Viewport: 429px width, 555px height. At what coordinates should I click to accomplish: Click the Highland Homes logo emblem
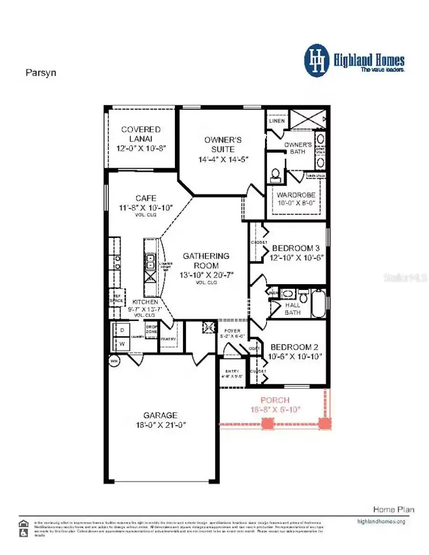click(x=317, y=61)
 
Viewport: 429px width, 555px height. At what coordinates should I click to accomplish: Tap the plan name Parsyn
click(x=41, y=73)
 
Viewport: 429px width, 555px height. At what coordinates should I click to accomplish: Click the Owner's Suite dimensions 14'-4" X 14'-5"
click(x=223, y=159)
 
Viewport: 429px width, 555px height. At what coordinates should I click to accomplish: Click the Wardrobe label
click(x=296, y=195)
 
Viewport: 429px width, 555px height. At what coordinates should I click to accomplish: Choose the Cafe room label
click(x=145, y=198)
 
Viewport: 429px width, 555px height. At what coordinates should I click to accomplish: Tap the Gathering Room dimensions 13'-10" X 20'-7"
click(x=206, y=275)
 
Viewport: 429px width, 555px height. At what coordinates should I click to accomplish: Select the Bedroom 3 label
click(x=292, y=248)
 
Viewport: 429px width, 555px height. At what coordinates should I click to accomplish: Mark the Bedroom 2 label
click(x=291, y=347)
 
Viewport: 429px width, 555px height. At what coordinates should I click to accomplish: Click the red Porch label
click(x=275, y=400)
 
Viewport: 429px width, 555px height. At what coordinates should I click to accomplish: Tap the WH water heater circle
click(x=114, y=361)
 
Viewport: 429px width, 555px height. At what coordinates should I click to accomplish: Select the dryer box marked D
click(x=121, y=330)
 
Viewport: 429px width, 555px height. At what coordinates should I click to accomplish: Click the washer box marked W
click(x=121, y=344)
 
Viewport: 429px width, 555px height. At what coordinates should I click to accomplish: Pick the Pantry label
click(x=168, y=339)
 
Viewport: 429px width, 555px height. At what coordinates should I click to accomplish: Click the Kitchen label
click(x=145, y=302)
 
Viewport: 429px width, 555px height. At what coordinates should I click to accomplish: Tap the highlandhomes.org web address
click(x=381, y=521)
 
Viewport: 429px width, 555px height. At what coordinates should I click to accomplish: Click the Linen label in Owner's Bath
click(x=277, y=121)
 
